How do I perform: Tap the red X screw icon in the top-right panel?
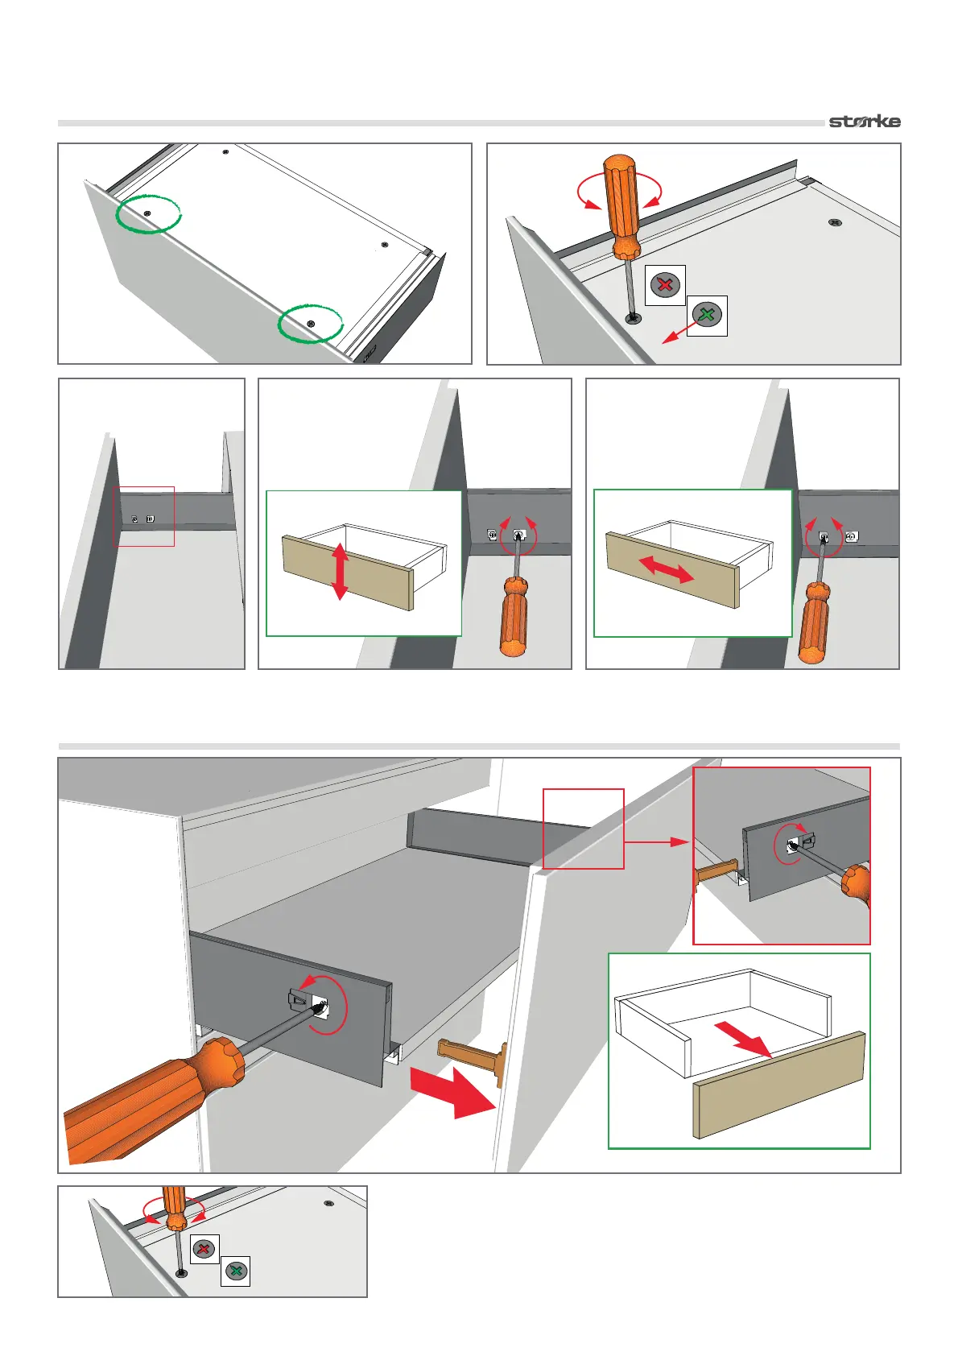(x=665, y=285)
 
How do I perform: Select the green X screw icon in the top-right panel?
(x=707, y=315)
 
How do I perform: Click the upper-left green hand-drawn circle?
(x=148, y=213)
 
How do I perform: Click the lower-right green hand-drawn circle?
(x=311, y=323)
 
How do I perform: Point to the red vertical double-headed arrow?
(x=340, y=571)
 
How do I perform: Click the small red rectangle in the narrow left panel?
(x=144, y=516)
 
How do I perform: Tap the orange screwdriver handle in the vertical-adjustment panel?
(x=513, y=616)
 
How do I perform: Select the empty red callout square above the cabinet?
(x=584, y=829)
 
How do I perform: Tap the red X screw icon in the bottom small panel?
(x=204, y=1249)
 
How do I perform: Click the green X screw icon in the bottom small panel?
(x=236, y=1271)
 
